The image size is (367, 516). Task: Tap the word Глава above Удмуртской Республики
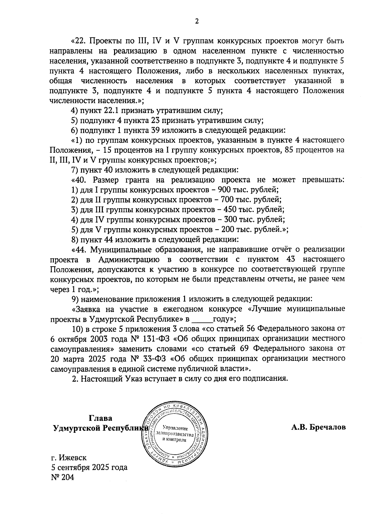point(101,418)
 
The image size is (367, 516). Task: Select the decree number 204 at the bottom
point(68,477)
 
